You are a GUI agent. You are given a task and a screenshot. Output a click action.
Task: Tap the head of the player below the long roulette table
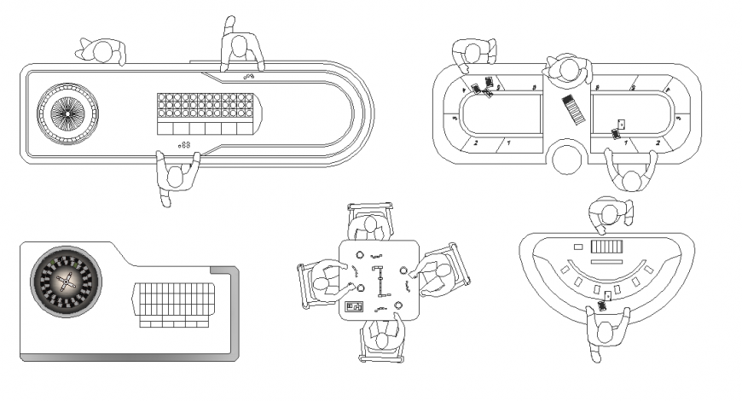(177, 177)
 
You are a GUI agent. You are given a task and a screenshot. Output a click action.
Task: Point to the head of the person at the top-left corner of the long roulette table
(102, 53)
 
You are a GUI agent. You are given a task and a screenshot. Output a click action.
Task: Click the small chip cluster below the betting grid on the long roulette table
(184, 146)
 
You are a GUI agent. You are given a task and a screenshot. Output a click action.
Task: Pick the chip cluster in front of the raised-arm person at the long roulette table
(248, 77)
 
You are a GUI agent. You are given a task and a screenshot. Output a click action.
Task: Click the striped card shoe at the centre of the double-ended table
(571, 110)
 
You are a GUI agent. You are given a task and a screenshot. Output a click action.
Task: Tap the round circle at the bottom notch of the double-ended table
(568, 158)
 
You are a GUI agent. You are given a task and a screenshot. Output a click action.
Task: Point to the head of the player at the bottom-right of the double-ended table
(632, 179)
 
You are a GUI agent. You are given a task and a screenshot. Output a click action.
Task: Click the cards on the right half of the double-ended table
(618, 129)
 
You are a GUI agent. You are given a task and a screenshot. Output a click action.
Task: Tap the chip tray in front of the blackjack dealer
(608, 247)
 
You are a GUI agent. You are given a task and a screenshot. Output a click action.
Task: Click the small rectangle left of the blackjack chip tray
(578, 247)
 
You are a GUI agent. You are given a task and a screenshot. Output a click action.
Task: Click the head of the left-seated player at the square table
(326, 279)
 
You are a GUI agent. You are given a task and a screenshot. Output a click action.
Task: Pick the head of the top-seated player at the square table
(369, 226)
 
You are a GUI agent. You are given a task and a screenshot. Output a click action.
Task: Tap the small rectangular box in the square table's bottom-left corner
(353, 305)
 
